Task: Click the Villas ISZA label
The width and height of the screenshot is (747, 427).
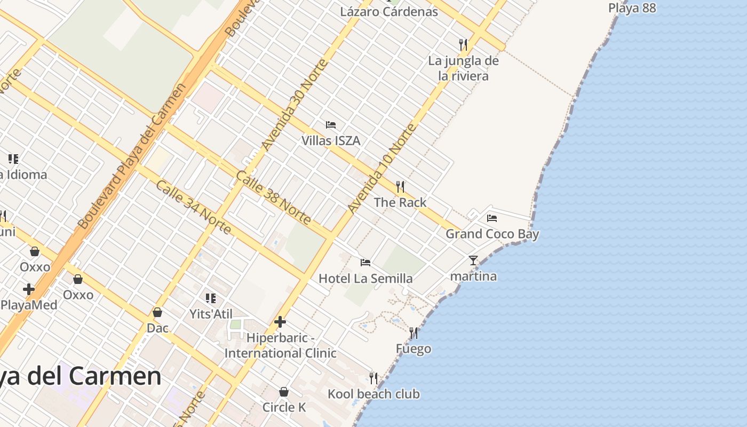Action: pyautogui.click(x=331, y=141)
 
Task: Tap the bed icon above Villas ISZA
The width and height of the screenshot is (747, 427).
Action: pyautogui.click(x=331, y=125)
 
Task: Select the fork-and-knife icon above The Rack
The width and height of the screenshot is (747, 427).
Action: pyautogui.click(x=400, y=187)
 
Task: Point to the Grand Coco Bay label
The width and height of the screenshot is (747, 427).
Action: pyautogui.click(x=492, y=234)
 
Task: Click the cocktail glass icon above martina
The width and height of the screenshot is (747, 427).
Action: pyautogui.click(x=473, y=260)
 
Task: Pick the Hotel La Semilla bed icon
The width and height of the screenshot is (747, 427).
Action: pyautogui.click(x=365, y=262)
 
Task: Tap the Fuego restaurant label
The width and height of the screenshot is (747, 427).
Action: pyautogui.click(x=414, y=349)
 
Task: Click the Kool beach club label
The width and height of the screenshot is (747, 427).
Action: pyautogui.click(x=373, y=394)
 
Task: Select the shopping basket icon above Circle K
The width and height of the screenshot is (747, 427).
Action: pyautogui.click(x=284, y=392)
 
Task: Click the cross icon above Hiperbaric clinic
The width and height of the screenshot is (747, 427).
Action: pyautogui.click(x=280, y=322)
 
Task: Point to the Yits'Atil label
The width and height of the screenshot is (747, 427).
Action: pyautogui.click(x=211, y=314)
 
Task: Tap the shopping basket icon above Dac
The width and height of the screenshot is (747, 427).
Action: pyautogui.click(x=157, y=312)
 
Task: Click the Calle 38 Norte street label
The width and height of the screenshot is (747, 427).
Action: pyautogui.click(x=273, y=197)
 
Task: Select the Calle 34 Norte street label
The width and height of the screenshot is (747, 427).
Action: pyautogui.click(x=194, y=207)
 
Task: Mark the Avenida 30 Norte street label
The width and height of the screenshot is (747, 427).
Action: pyautogui.click(x=294, y=105)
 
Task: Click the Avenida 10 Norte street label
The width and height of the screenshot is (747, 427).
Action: pyautogui.click(x=381, y=169)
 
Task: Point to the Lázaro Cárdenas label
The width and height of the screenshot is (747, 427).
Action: pyautogui.click(x=389, y=12)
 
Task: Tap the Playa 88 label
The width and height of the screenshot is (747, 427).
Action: pyautogui.click(x=632, y=8)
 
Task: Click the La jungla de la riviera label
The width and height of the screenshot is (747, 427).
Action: pyautogui.click(x=463, y=68)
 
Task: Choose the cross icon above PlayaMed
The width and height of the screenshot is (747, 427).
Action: pyautogui.click(x=29, y=289)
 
